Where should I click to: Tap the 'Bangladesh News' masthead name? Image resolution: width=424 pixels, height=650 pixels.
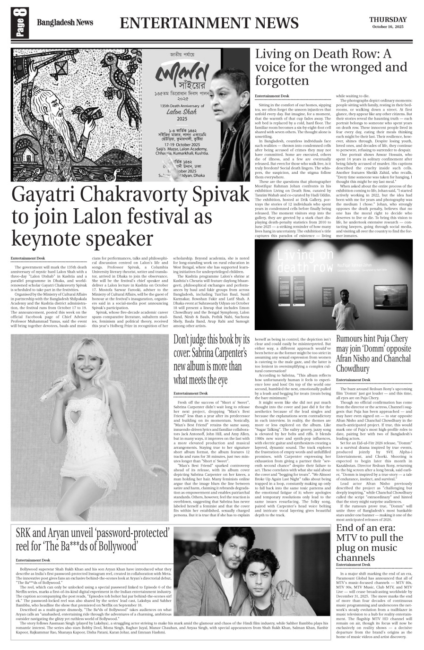click(65, 22)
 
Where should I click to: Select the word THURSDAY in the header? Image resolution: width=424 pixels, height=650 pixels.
click(388, 19)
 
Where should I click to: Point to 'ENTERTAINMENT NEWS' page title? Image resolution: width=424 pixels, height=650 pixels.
click(209, 23)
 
